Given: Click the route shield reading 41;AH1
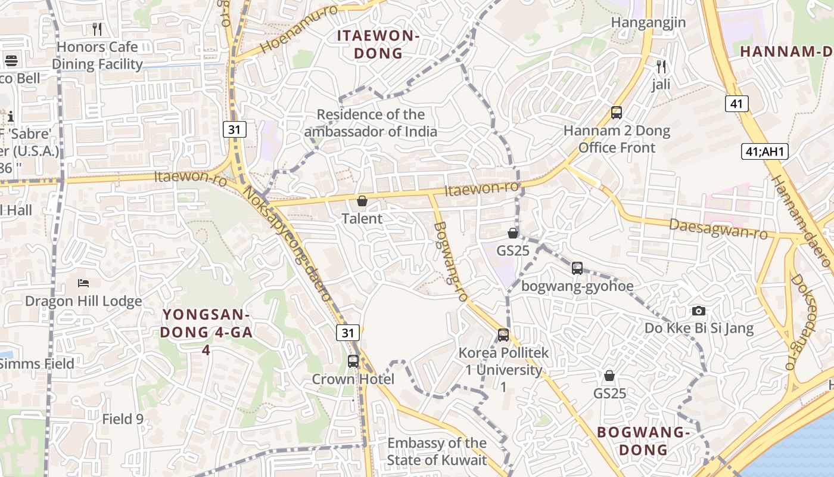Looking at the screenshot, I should (x=765, y=151).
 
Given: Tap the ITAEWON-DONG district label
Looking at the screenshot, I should (x=378, y=44).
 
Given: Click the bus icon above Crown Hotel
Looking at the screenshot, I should (x=353, y=361).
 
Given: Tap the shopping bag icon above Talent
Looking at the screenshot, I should (x=362, y=201).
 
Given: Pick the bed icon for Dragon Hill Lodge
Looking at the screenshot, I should (x=83, y=283).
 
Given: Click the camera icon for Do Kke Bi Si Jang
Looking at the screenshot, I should (x=699, y=311).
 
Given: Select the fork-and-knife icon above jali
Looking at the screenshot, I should (x=661, y=66).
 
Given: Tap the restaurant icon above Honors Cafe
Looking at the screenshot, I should (x=98, y=29).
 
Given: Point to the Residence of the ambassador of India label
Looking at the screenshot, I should (x=371, y=123).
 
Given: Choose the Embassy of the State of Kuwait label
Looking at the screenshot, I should (x=437, y=451).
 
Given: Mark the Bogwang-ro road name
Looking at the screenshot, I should (x=451, y=261).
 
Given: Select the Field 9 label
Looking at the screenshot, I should (x=123, y=419).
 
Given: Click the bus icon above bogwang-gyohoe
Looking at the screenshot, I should (x=577, y=268).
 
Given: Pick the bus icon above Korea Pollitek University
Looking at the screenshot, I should (x=503, y=335).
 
